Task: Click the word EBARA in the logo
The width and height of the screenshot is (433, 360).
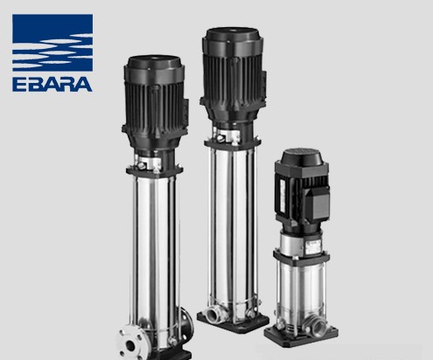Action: coord(52,84)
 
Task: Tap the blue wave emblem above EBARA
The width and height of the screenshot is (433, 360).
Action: coord(52,43)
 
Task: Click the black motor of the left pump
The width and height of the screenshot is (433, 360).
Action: coord(155,102)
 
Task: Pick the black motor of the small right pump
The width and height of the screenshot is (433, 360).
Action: coord(302,190)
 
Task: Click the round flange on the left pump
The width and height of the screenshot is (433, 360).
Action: coord(129,342)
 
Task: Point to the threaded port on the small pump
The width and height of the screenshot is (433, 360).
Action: coord(317,326)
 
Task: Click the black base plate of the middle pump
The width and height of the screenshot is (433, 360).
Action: coord(233,322)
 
